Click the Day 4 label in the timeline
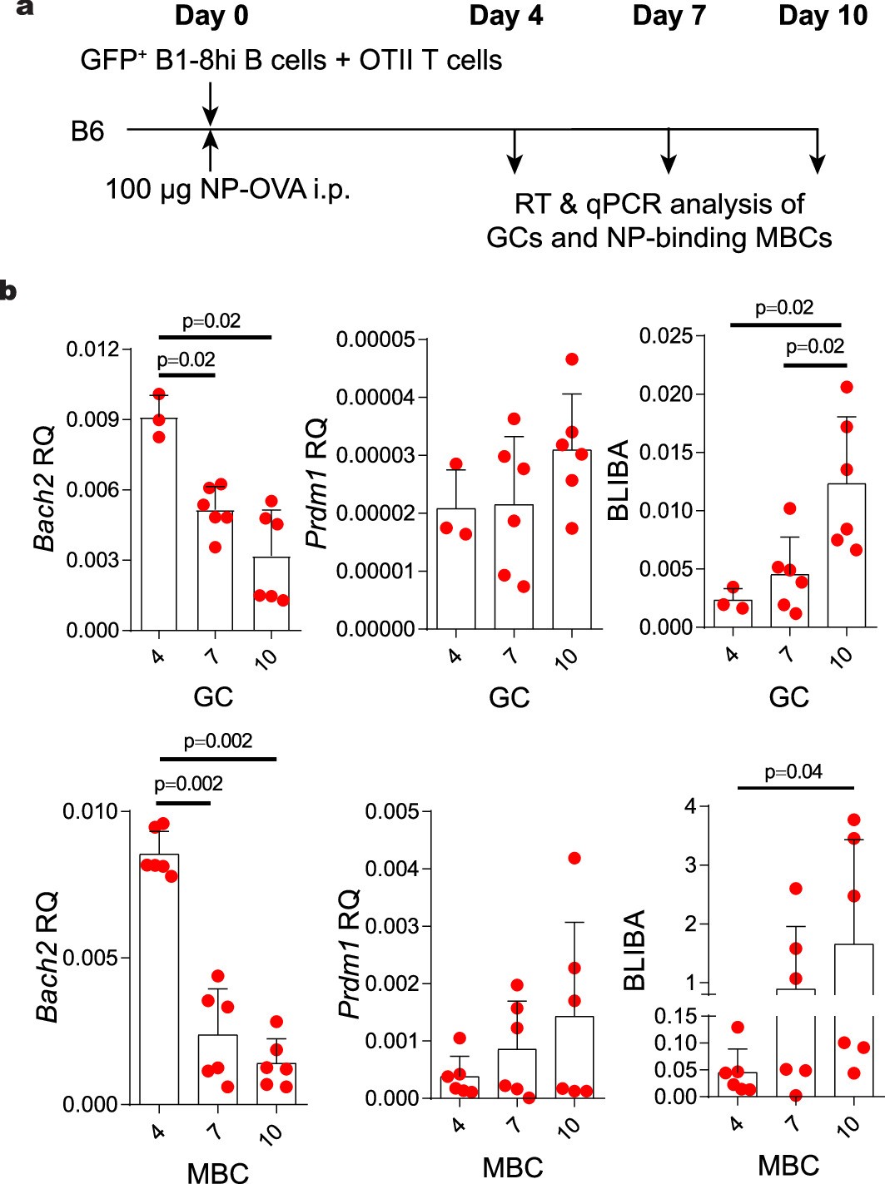click(505, 16)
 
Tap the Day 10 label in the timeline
click(822, 16)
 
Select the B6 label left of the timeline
click(87, 131)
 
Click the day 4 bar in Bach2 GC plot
click(159, 524)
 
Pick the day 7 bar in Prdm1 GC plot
click(514, 567)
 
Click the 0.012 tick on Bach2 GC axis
click(92, 349)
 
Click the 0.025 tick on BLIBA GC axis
click(665, 336)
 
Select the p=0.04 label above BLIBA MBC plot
click(793, 772)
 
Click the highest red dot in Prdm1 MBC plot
click(574, 858)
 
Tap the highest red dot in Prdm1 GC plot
click(571, 359)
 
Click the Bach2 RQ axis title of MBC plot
click(47, 957)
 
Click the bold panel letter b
click(8, 291)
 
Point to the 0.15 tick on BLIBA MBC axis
click(675, 1016)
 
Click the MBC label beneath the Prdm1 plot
click(512, 1167)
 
